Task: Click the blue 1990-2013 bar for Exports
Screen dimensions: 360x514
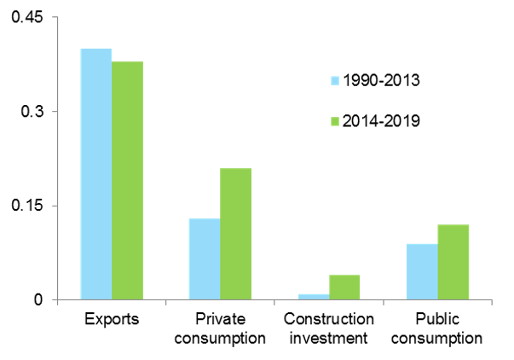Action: pos(96,174)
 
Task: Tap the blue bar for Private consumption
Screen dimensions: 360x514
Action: pos(205,258)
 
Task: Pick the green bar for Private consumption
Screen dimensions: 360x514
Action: pos(235,234)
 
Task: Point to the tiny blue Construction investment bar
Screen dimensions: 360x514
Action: pos(314,297)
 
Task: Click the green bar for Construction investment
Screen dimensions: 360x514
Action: pos(344,287)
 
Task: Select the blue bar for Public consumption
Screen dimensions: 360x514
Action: pos(422,271)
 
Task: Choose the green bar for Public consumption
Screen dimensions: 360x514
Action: pos(453,262)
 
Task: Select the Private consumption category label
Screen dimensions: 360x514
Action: pos(220,328)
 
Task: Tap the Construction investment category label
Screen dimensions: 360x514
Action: pos(329,328)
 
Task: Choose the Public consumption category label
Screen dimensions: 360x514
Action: pos(437,328)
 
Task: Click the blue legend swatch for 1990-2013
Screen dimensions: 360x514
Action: pos(335,81)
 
